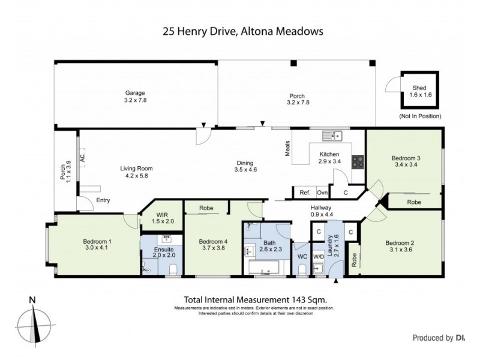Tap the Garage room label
tap(136, 93)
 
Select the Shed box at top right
tap(420, 91)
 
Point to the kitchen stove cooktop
tap(356, 161)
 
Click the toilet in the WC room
tap(302, 268)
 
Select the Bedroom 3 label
tap(406, 158)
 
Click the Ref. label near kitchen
tap(304, 193)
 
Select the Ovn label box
tap(322, 193)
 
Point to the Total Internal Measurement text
tap(254, 299)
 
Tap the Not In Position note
tap(420, 116)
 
